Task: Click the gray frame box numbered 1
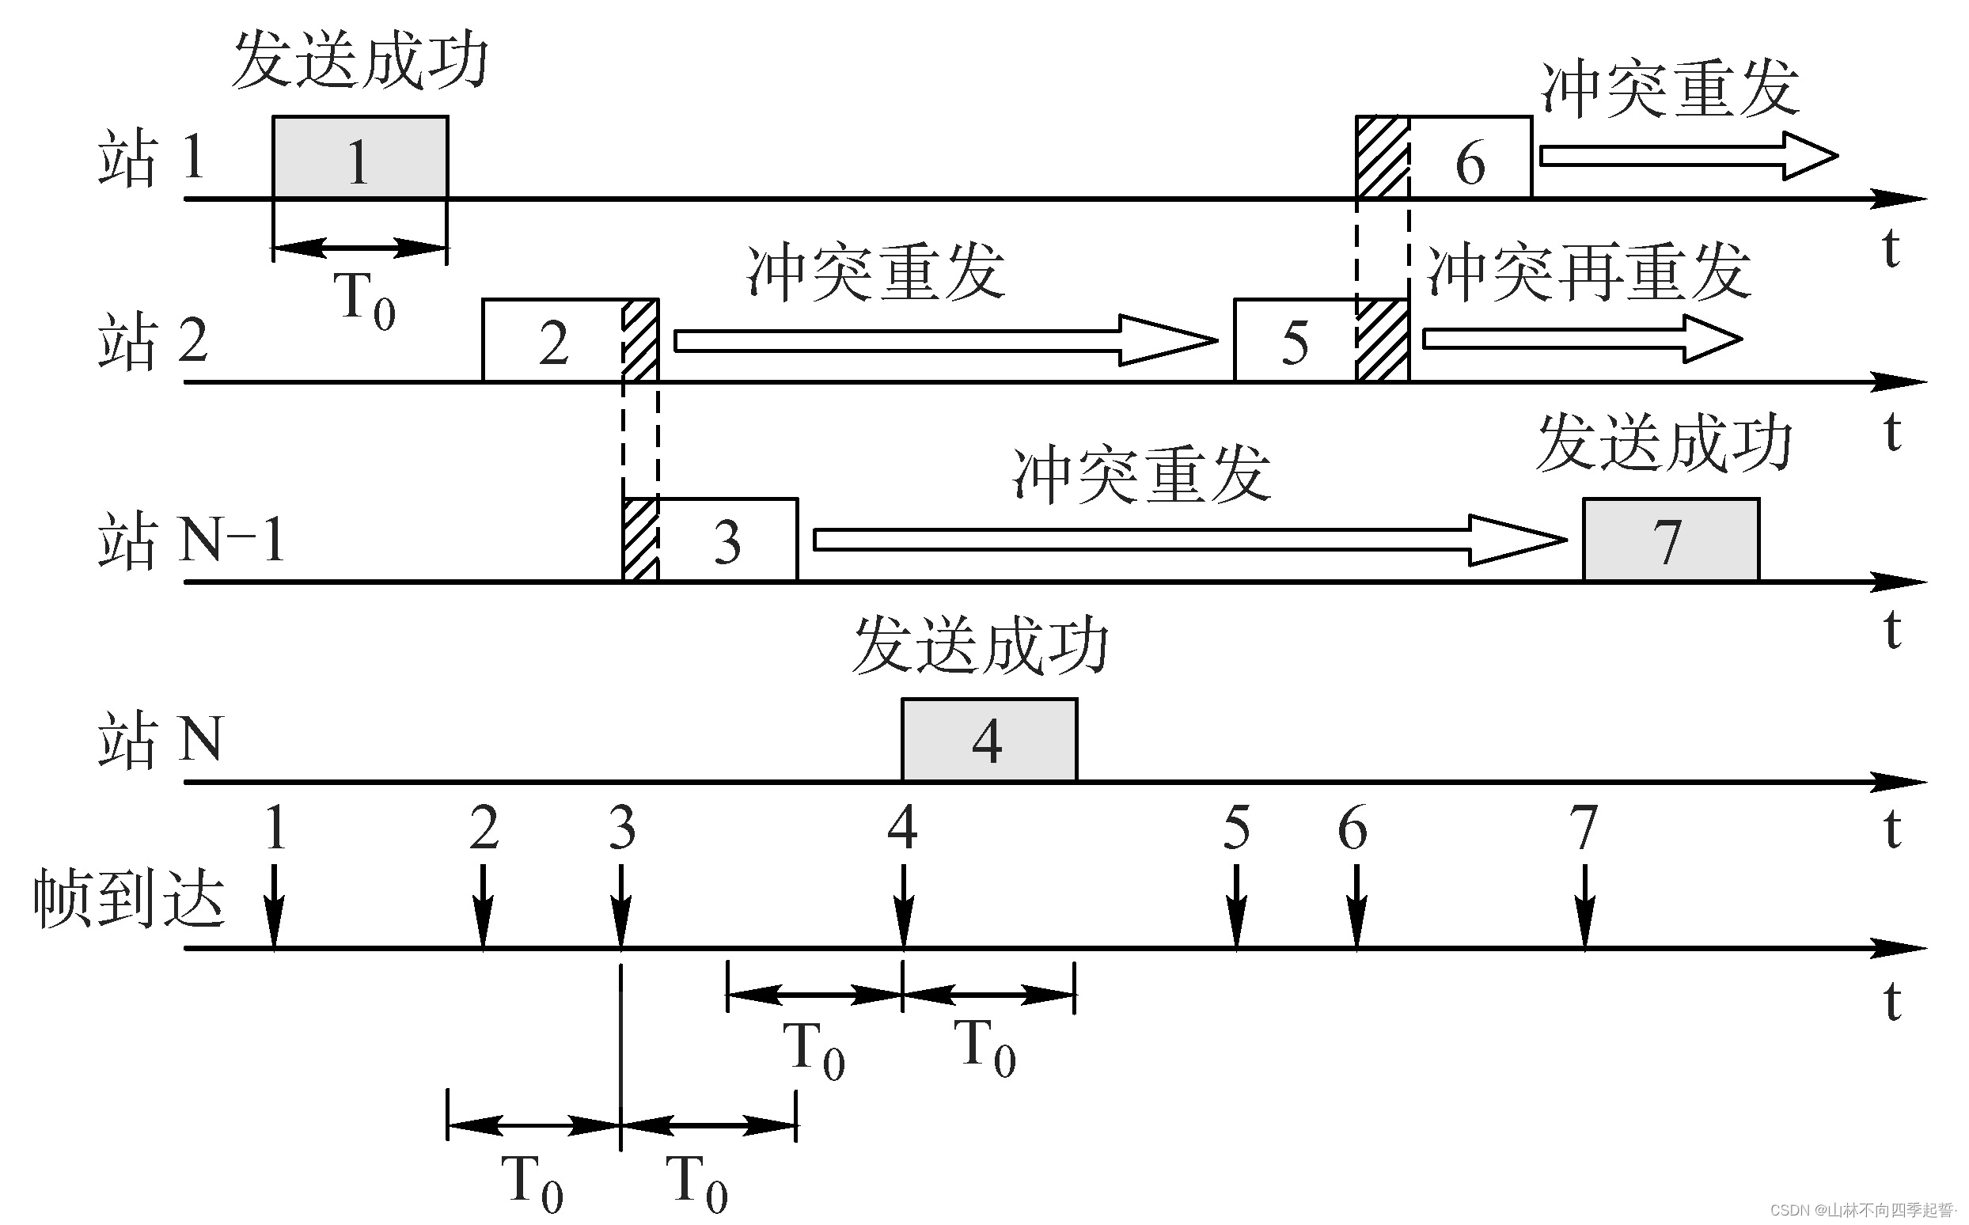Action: click(x=360, y=157)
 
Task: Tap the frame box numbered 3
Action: click(x=726, y=540)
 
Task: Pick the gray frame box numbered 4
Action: click(x=989, y=740)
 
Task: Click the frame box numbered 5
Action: click(x=1295, y=341)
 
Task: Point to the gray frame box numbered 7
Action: click(x=1670, y=540)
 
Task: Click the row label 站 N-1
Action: click(x=192, y=540)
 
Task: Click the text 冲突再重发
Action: click(x=1589, y=273)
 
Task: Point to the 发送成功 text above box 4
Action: click(x=980, y=647)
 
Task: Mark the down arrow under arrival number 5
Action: click(x=1235, y=906)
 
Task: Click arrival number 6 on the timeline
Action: click(x=1353, y=828)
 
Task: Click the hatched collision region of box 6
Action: click(x=1383, y=157)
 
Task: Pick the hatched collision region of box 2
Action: click(x=640, y=341)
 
